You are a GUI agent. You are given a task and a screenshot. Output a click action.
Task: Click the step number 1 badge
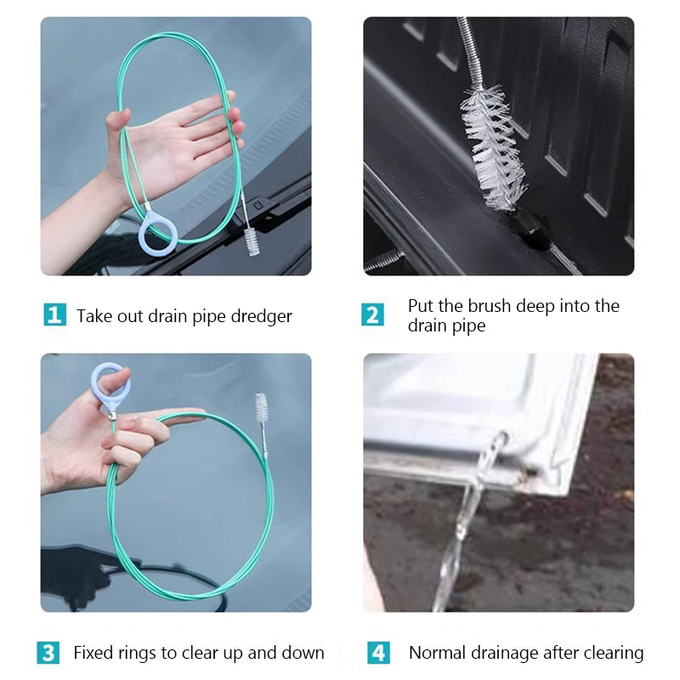54,315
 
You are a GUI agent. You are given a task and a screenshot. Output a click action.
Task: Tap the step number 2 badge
372,315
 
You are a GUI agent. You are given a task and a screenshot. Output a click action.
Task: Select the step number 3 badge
48,653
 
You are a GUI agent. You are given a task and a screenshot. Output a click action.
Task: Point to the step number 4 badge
378,653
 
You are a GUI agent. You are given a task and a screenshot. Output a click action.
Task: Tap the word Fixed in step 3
93,653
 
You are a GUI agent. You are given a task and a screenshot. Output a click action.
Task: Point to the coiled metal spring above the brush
467,51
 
